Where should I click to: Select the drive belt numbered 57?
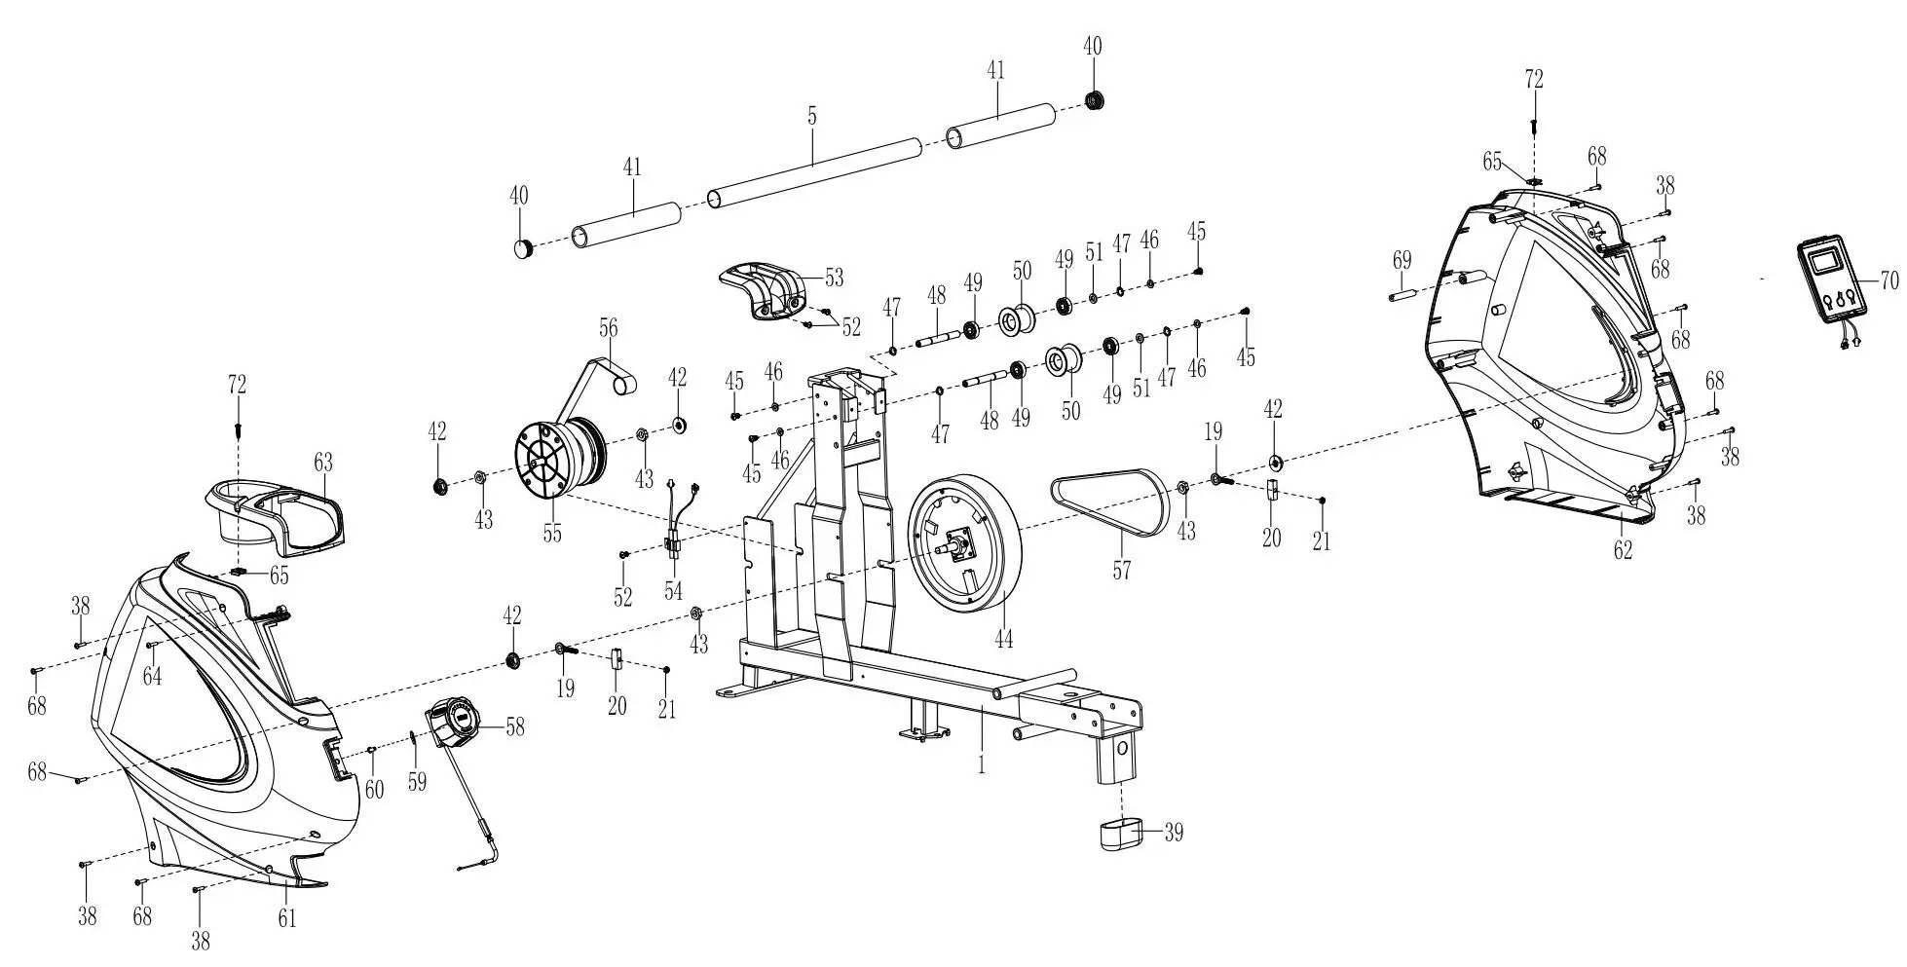(1110, 502)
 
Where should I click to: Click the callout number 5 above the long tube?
(812, 116)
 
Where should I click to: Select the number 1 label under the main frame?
(981, 765)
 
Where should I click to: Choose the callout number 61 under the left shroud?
(286, 916)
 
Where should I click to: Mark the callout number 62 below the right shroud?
(1623, 550)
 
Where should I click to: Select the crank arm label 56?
(608, 327)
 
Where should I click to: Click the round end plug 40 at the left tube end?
(524, 247)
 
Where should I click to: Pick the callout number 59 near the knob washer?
(417, 782)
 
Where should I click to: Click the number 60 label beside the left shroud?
(374, 788)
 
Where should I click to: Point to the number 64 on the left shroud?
(153, 675)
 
